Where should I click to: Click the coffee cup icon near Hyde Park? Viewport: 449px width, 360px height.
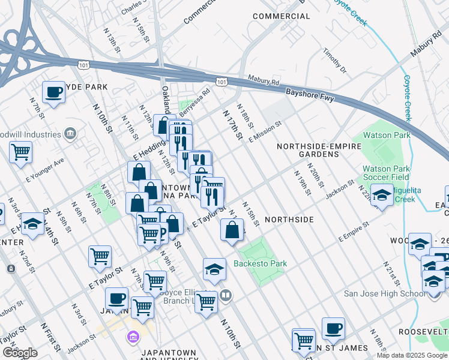coord(54,92)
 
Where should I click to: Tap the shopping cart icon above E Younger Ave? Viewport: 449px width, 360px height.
coord(20,151)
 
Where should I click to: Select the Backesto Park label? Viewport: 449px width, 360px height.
coord(260,263)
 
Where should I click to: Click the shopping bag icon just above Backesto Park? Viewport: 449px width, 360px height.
coord(232,229)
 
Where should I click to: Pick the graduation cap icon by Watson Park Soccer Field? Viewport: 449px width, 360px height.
coord(381,195)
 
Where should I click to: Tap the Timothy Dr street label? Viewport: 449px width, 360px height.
coord(334,62)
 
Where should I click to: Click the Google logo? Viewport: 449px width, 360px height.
coord(20,353)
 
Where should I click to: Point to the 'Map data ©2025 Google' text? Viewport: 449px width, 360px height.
coord(411,355)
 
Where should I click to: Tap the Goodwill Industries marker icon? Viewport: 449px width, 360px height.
coord(71,133)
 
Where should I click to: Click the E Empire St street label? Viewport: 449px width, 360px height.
coord(353,233)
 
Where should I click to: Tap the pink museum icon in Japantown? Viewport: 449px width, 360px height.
coord(132,337)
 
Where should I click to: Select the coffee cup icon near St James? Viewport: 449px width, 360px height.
coord(333,328)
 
